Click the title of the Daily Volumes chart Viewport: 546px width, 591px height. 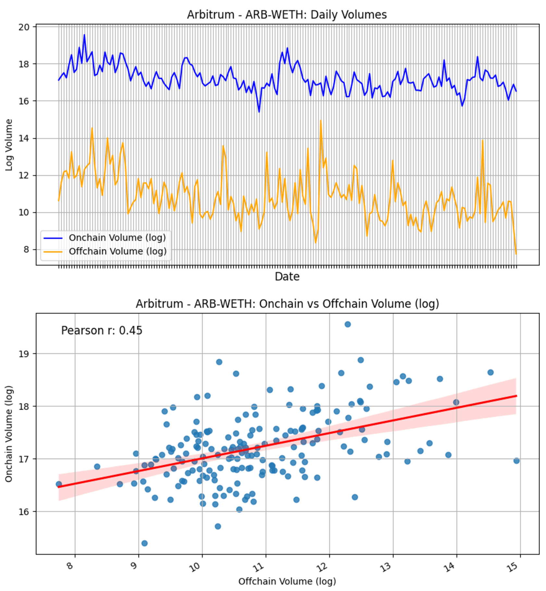tap(287, 15)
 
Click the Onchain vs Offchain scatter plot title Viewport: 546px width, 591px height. tap(287, 303)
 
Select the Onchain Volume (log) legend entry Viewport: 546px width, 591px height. tap(117, 238)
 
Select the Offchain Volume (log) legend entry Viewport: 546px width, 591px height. tap(118, 251)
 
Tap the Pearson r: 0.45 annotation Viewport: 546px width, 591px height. tap(102, 330)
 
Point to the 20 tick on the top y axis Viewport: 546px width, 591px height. tap(24, 27)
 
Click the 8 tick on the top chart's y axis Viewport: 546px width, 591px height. tap(26, 250)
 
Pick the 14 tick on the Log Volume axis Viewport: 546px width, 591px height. tap(24, 138)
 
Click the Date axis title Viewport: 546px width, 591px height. tap(287, 276)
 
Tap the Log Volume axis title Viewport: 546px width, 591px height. tap(9, 145)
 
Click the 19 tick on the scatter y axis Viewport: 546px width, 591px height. tap(24, 353)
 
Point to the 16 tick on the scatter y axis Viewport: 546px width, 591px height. tap(24, 511)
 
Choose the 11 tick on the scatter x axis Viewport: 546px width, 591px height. tap(259, 567)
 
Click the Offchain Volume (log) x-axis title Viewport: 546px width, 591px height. tap(287, 581)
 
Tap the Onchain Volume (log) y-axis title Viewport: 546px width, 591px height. tap(9, 434)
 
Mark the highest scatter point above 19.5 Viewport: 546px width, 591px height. tap(348, 324)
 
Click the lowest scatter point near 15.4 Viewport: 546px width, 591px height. tap(144, 543)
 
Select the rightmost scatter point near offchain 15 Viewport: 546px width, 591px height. tap(516, 461)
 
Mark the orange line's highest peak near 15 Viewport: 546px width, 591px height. tap(321, 121)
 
